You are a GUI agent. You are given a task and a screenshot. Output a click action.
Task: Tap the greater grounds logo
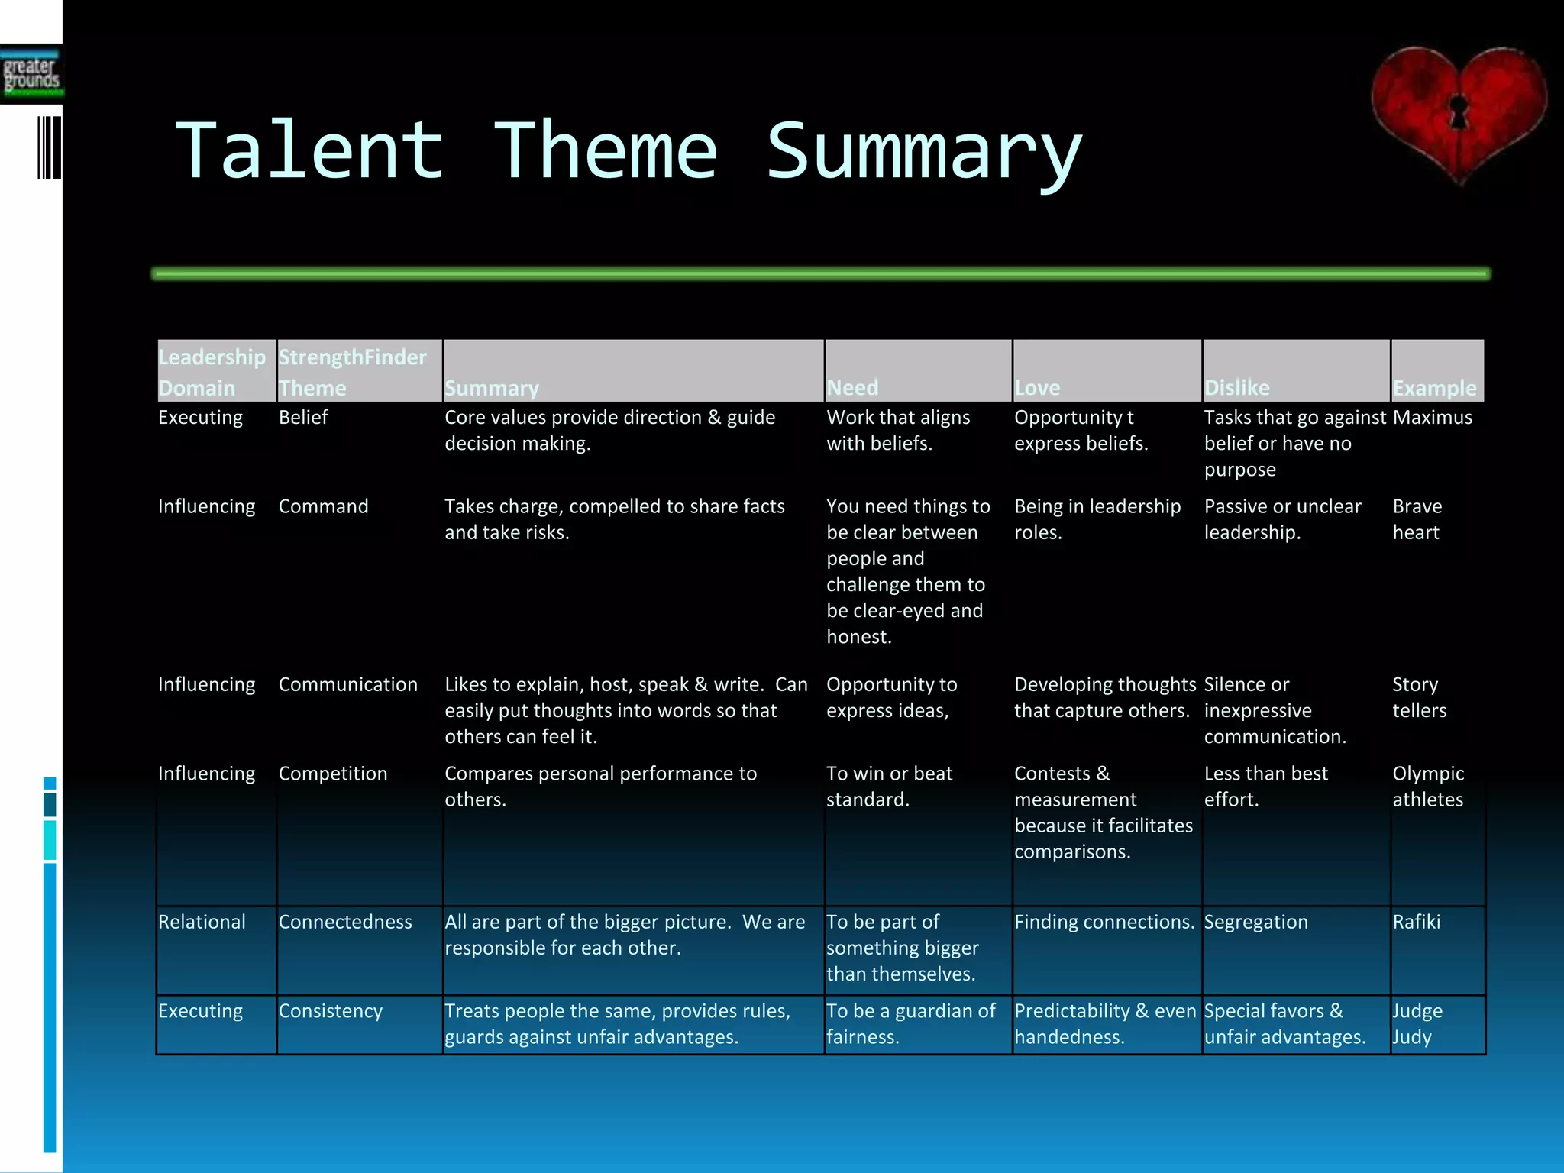point(31,75)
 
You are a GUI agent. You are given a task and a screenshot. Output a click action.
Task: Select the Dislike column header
point(1236,387)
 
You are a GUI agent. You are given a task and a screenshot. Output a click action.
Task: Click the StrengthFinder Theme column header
point(352,372)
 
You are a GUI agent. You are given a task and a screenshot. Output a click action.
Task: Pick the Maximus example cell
point(1432,418)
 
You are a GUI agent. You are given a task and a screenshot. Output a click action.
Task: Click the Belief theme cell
point(303,418)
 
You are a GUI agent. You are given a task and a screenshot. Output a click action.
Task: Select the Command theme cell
point(323,506)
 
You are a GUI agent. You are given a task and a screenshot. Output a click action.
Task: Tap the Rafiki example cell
point(1416,922)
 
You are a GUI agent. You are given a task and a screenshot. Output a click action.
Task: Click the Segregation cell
point(1255,922)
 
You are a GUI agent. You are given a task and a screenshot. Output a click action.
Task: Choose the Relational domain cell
point(202,922)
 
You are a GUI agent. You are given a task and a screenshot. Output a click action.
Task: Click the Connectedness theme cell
point(345,922)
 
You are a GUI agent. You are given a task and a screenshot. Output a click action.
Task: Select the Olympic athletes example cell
point(1427,787)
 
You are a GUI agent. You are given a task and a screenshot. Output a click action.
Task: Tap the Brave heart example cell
point(1417,519)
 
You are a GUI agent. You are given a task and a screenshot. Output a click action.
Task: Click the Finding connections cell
point(1104,922)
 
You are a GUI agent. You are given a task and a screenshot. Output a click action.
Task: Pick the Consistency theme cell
point(330,1011)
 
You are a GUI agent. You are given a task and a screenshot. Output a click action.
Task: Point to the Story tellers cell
point(1418,697)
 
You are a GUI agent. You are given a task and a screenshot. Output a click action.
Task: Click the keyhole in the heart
point(1459,112)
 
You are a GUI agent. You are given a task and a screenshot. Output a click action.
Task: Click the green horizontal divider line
point(821,273)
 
